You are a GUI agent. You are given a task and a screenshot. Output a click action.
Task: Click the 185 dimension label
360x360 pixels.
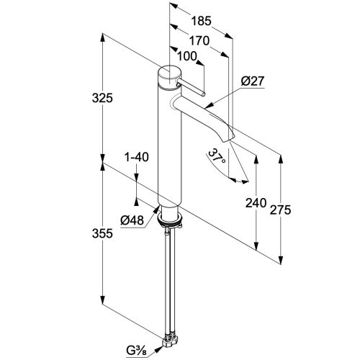pyautogui.click(x=201, y=21)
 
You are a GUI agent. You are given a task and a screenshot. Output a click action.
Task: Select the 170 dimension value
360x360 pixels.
pyautogui.click(x=199, y=41)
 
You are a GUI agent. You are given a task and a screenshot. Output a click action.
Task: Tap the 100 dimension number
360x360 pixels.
pyautogui.click(x=187, y=56)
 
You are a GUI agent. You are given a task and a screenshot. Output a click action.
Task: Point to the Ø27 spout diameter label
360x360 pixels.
pyautogui.click(x=253, y=81)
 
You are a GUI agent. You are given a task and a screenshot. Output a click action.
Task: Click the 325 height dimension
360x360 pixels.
pyautogui.click(x=102, y=98)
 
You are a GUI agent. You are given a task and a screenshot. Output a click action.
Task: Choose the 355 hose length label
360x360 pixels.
pyautogui.click(x=102, y=233)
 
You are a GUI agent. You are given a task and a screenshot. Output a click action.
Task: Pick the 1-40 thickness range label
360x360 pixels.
pyautogui.click(x=137, y=157)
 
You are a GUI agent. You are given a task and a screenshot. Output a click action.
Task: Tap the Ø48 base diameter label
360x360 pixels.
pyautogui.click(x=132, y=220)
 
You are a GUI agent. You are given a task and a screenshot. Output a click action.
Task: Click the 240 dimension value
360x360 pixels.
pyautogui.click(x=256, y=203)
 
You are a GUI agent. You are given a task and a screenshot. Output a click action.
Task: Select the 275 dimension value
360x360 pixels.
pyautogui.click(x=280, y=210)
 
